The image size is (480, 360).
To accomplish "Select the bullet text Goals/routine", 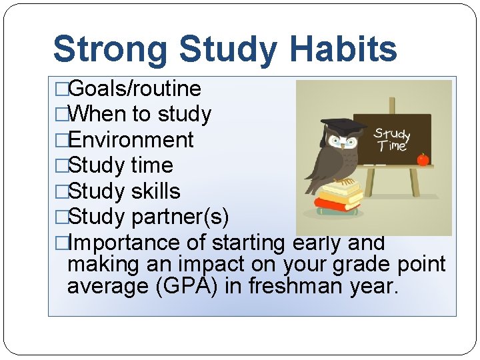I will click(x=135, y=89).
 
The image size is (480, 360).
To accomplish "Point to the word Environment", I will click(x=131, y=140).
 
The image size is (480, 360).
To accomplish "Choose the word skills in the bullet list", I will click(x=155, y=191).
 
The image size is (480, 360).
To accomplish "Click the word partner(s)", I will click(x=180, y=217).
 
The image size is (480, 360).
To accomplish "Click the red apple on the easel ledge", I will click(x=423, y=159).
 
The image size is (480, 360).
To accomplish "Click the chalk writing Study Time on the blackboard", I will click(x=392, y=140).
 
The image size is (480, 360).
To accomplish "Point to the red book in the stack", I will click(x=337, y=203).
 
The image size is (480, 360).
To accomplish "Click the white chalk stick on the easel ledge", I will click(x=379, y=163).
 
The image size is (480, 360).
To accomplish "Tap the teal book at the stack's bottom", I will click(x=337, y=211).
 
